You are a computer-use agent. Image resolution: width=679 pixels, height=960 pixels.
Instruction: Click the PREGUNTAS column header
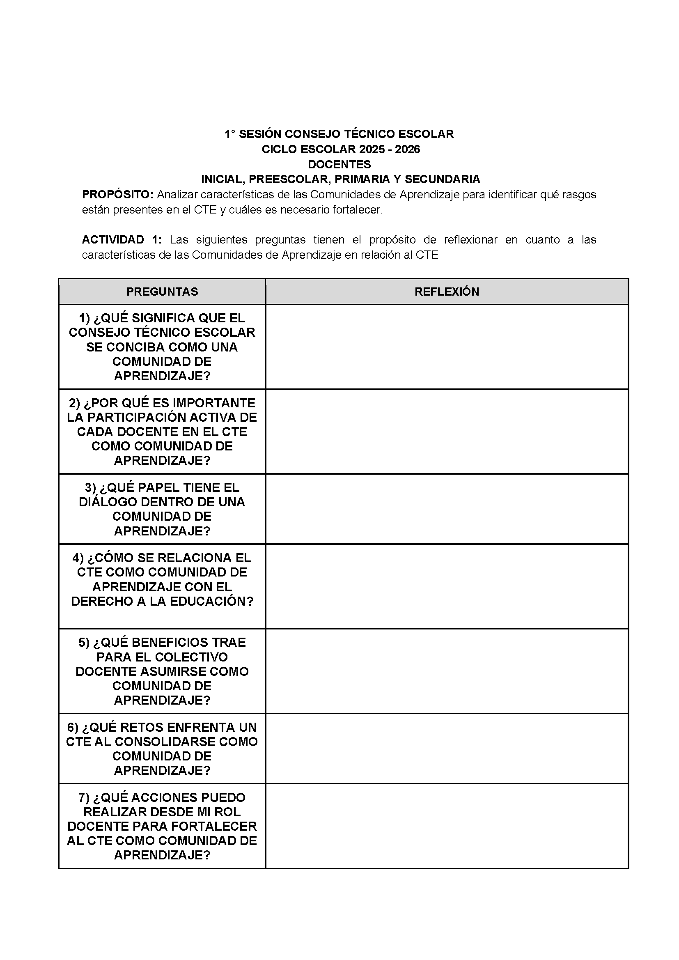point(162,292)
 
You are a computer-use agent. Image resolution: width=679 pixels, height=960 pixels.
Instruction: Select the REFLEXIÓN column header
point(447,292)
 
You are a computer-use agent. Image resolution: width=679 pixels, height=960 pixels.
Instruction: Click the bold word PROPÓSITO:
point(118,195)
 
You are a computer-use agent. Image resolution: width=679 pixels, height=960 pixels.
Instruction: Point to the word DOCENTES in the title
point(339,164)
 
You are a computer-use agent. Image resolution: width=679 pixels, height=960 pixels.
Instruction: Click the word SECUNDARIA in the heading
point(443,179)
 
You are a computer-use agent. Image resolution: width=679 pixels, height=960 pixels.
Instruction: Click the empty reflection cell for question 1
point(447,347)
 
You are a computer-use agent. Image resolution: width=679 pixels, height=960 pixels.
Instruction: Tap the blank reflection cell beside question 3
point(447,508)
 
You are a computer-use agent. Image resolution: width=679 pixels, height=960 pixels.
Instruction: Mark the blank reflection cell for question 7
point(447,826)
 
